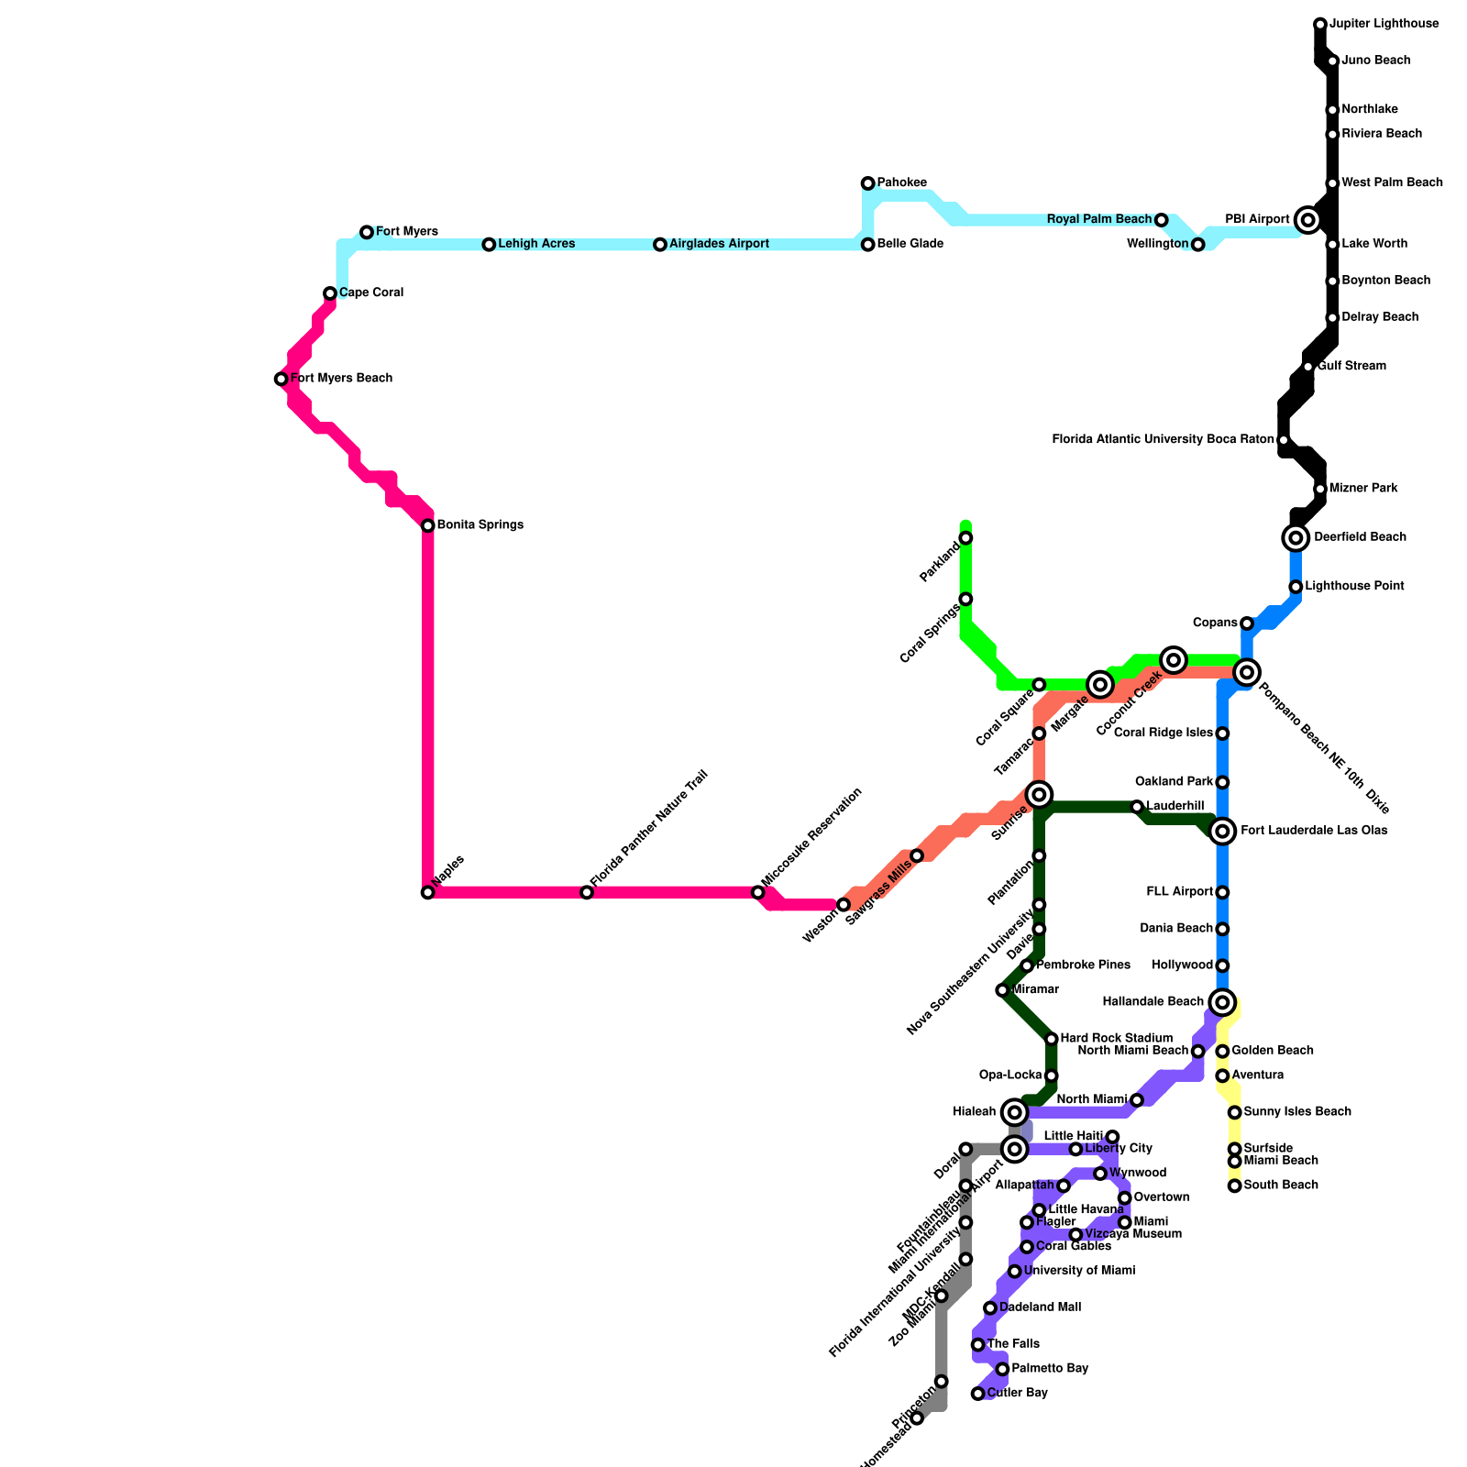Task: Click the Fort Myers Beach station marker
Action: pos(281,379)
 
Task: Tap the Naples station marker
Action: pos(428,892)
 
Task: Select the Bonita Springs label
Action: pos(480,525)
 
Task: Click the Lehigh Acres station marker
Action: pos(489,245)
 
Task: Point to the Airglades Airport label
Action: pos(719,244)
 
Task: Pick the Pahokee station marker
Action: pos(867,183)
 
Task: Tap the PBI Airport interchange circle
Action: pos(1308,220)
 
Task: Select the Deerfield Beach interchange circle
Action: pos(1296,537)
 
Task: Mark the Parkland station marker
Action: pos(965,537)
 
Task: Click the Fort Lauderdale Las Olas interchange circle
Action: pos(1222,831)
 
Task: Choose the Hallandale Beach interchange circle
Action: pos(1222,1002)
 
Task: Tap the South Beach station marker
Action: pos(1235,1186)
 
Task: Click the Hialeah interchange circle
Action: pos(1014,1112)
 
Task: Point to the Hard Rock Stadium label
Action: pos(1117,1039)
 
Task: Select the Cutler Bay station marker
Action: pos(978,1394)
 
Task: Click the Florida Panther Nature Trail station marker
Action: pos(587,892)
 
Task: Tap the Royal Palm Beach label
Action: pos(1098,220)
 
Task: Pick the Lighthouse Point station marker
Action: pos(1296,587)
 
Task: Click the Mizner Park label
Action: pos(1363,489)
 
